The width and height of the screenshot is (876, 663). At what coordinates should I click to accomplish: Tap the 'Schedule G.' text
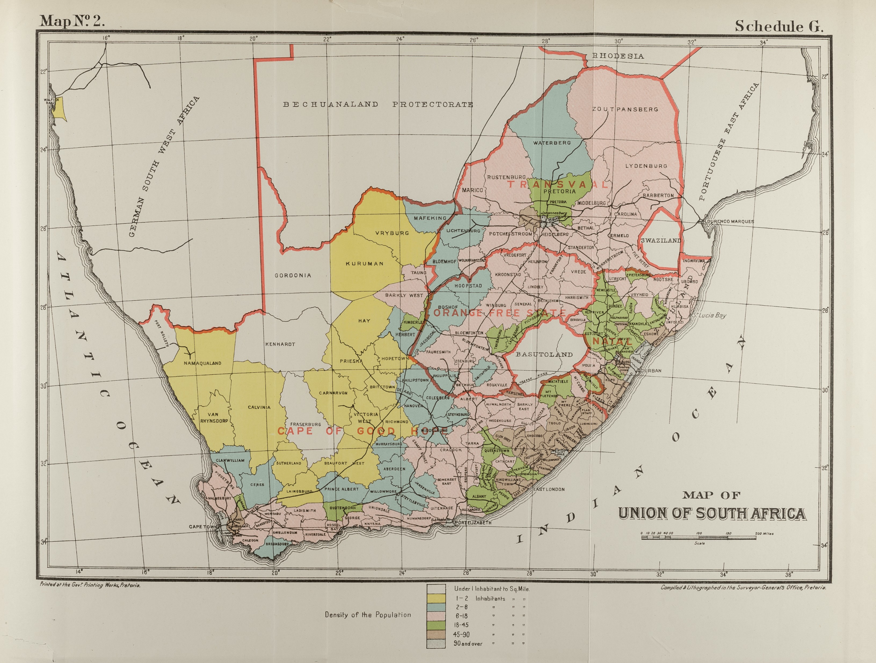[x=779, y=26]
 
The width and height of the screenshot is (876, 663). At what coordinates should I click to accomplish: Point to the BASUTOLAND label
[x=544, y=354]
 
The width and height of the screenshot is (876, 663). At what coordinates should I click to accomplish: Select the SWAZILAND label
[x=661, y=240]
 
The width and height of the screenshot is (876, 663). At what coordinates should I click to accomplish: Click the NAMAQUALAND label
[x=202, y=363]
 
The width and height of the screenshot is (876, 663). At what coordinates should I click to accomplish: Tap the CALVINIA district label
[x=259, y=407]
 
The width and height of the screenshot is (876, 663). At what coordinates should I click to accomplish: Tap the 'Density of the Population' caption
[x=368, y=615]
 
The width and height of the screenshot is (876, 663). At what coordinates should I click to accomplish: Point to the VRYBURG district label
[x=392, y=233]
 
